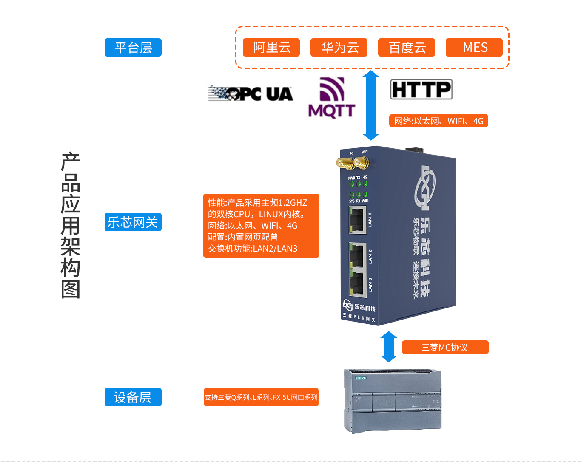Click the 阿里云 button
tap(271, 47)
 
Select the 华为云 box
tap(339, 47)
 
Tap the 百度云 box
tap(407, 47)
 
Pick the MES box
tap(474, 47)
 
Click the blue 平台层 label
tap(133, 47)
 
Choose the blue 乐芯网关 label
tap(133, 222)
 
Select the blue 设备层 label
tap(133, 397)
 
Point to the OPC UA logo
tap(251, 93)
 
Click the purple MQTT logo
tap(332, 98)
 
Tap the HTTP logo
tap(421, 90)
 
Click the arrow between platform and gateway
tap(371, 105)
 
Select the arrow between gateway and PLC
tap(389, 346)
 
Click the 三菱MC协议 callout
tap(445, 347)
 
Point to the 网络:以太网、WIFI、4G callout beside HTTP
tap(439, 121)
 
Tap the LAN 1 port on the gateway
tap(357, 220)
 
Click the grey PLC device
tap(393, 401)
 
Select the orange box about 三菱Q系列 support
tap(261, 397)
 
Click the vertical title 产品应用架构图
tap(71, 225)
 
